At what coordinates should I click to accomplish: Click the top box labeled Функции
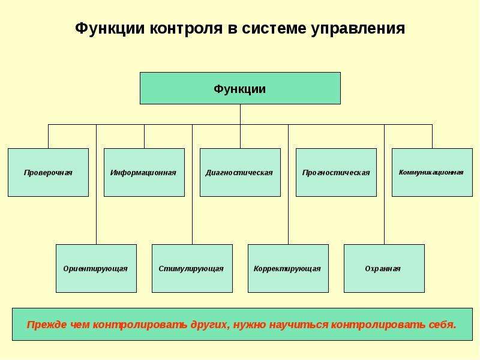(240, 88)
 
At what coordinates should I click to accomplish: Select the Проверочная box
(48, 172)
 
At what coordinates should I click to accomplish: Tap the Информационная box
(144, 172)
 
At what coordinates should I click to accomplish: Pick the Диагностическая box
(240, 172)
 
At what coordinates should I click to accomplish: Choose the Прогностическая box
(336, 172)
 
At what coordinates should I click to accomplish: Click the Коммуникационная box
(432, 172)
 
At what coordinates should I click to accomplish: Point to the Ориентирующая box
(96, 268)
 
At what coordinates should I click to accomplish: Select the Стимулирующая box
(192, 268)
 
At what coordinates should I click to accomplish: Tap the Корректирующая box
(288, 268)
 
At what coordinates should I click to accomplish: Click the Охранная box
(384, 268)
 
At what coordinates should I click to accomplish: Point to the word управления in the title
(358, 29)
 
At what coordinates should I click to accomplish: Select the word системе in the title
(274, 28)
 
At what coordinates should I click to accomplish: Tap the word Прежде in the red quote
(47, 325)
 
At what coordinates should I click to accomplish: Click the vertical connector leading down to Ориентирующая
(97, 184)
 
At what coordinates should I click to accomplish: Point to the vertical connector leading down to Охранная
(385, 184)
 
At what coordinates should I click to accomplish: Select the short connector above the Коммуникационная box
(433, 137)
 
